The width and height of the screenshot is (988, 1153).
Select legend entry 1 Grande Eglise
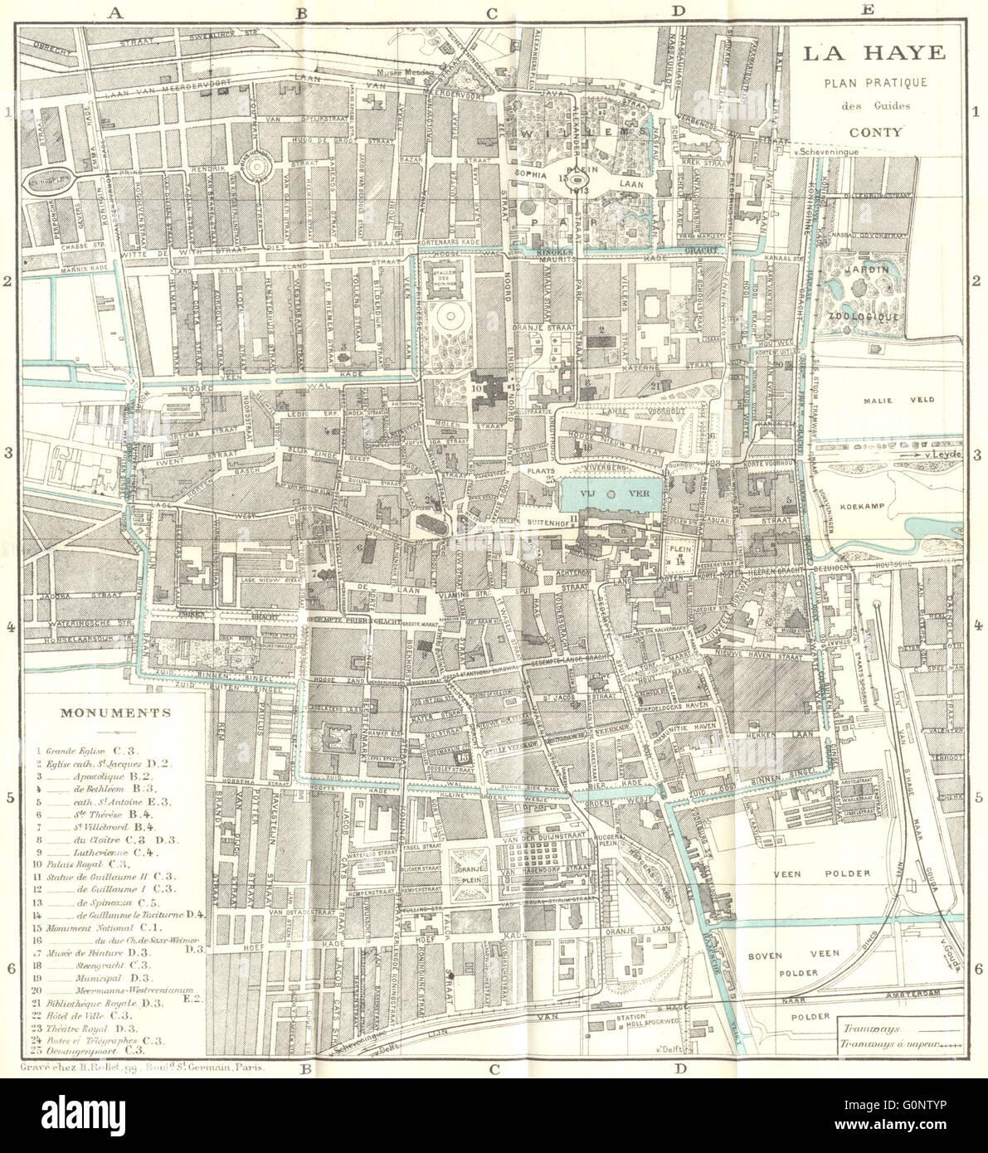(x=83, y=748)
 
